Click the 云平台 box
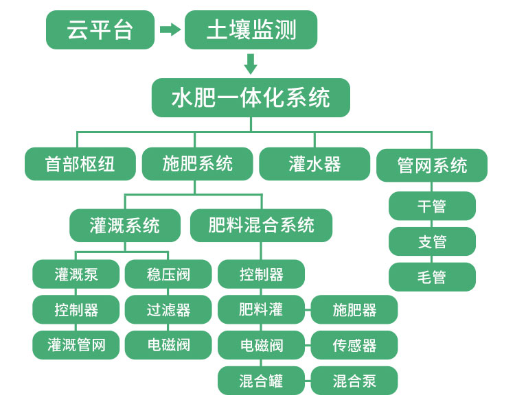(x=100, y=30)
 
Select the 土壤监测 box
(x=251, y=30)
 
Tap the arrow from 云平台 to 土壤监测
(x=170, y=29)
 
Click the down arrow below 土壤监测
(x=251, y=64)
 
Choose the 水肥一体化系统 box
(x=251, y=97)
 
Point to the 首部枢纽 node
(x=80, y=165)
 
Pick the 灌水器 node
(x=314, y=165)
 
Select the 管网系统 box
(x=432, y=165)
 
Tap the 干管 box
(x=432, y=206)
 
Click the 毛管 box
(x=432, y=277)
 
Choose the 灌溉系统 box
(x=125, y=226)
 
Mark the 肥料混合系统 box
(x=262, y=226)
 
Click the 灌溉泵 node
(x=76, y=274)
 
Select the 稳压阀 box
(x=168, y=274)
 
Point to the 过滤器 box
(x=168, y=309)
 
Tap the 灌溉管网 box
(x=76, y=344)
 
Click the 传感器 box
(x=354, y=345)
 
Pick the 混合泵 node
(x=354, y=381)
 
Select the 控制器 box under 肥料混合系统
(x=262, y=274)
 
